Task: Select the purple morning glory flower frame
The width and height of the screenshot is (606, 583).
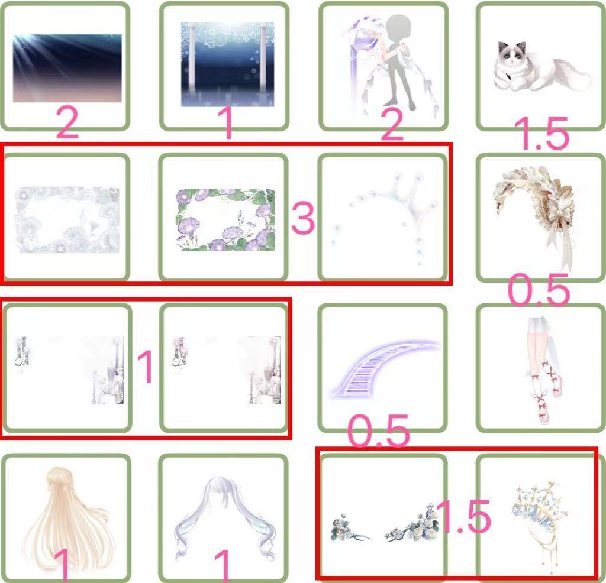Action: tap(225, 219)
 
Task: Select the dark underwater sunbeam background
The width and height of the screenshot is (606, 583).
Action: tap(67, 69)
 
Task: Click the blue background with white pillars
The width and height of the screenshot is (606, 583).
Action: tap(228, 64)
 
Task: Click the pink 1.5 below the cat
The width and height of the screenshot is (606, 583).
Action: tap(545, 133)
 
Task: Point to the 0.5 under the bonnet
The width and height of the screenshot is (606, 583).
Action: tap(539, 290)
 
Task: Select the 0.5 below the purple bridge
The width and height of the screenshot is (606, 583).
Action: tap(378, 430)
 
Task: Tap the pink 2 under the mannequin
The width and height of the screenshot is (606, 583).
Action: tap(392, 124)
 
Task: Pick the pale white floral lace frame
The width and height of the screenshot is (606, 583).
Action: tap(67, 220)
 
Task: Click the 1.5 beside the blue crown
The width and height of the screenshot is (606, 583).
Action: tap(465, 516)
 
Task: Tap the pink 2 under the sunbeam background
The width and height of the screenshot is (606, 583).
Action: tap(67, 123)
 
